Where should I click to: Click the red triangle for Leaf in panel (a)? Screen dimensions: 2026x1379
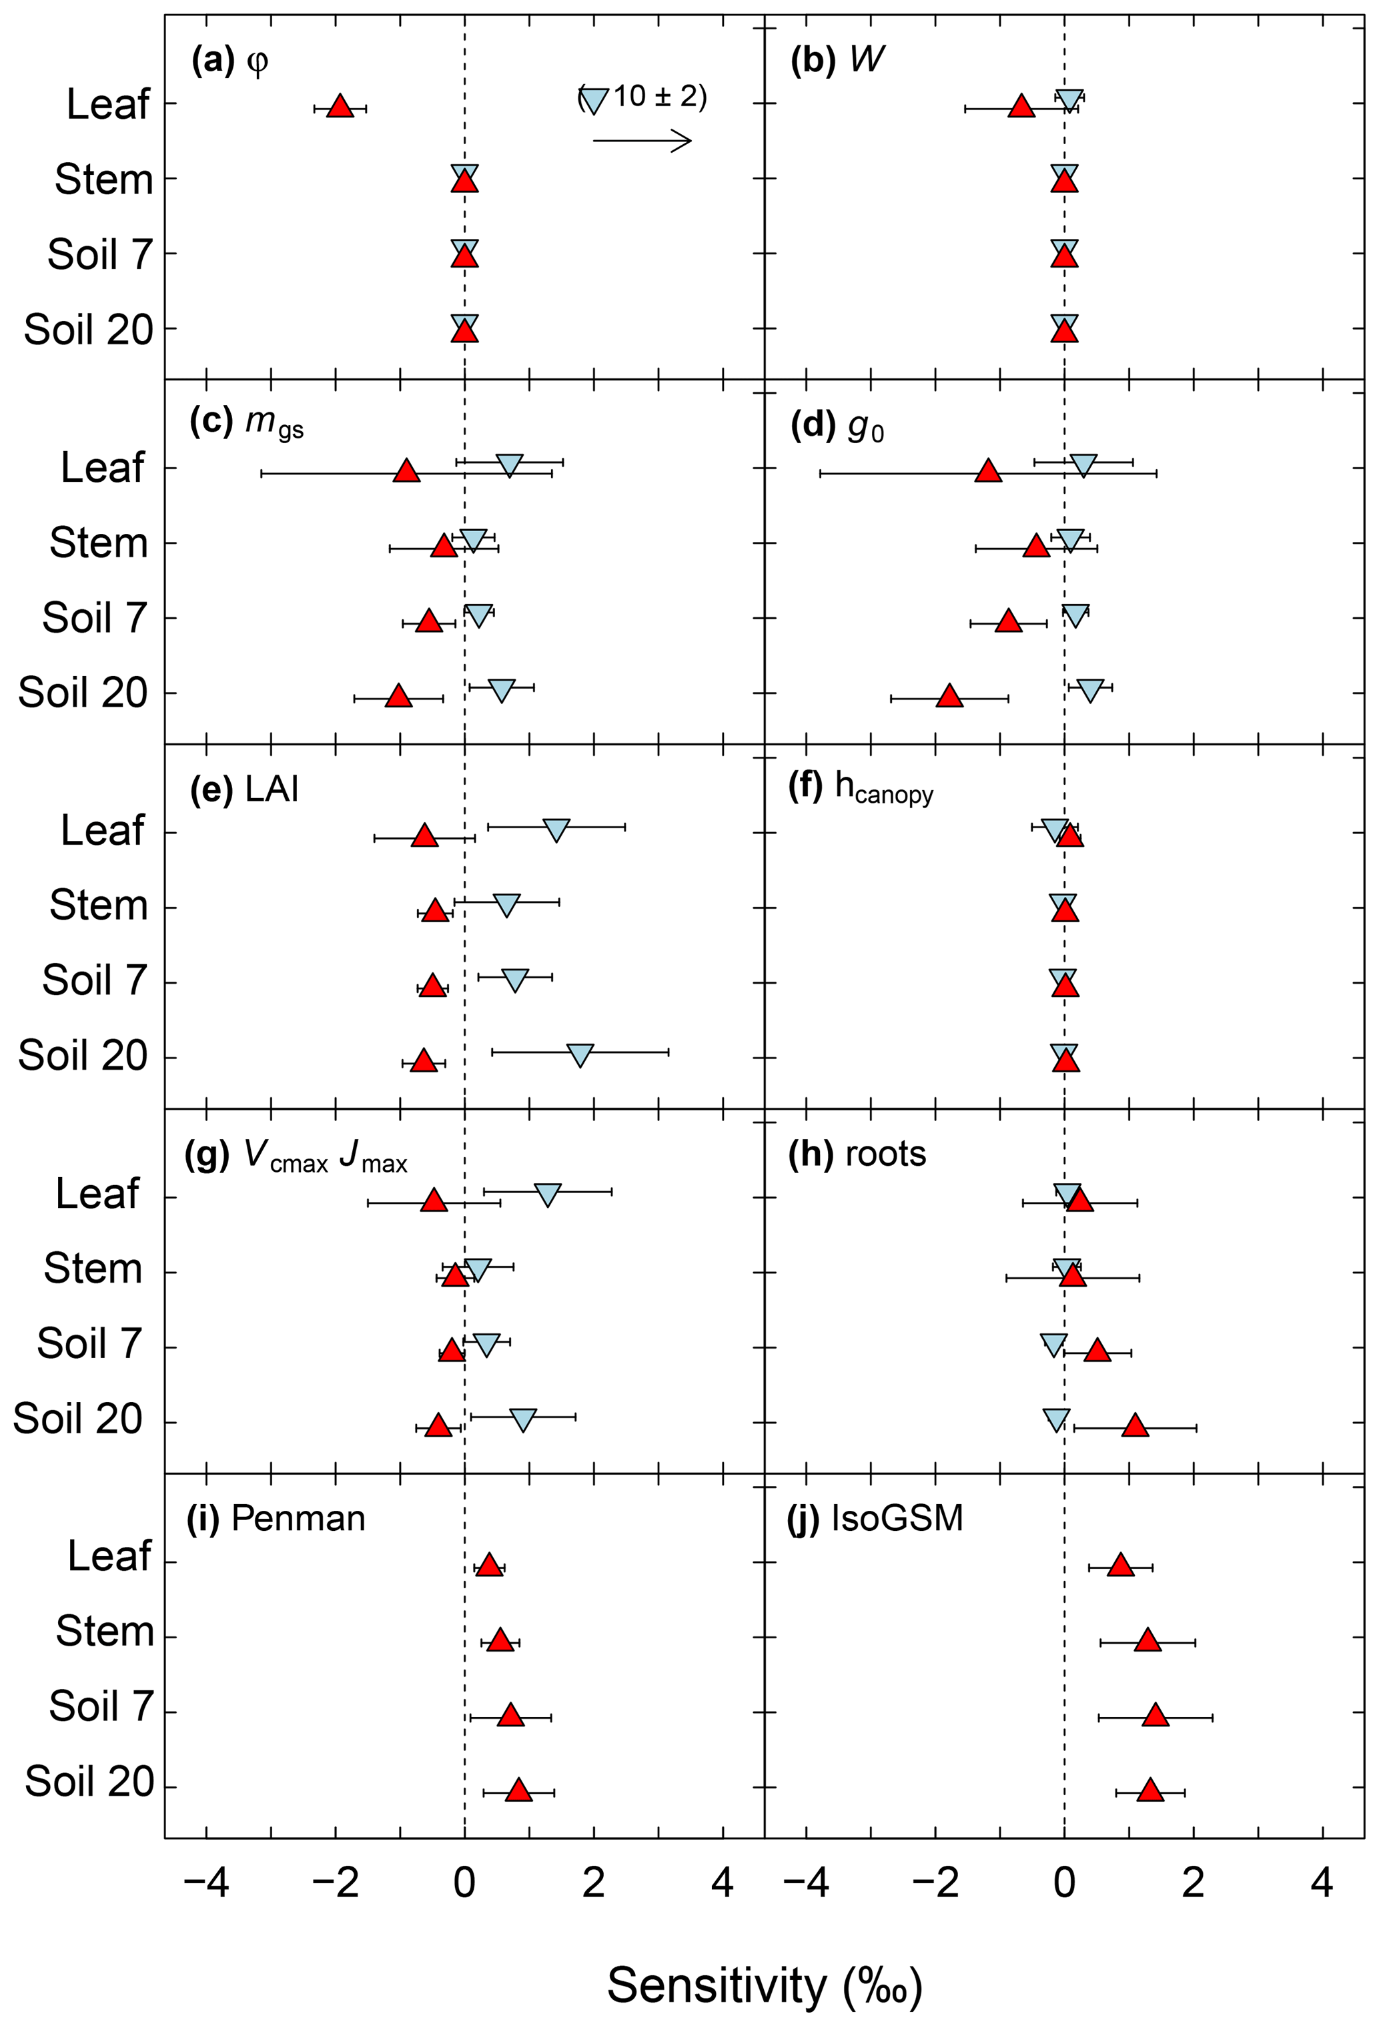pos(340,106)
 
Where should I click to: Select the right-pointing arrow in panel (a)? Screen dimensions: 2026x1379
pos(642,140)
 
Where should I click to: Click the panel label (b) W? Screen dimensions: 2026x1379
pos(836,60)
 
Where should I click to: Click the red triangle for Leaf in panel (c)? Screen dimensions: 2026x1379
pos(406,472)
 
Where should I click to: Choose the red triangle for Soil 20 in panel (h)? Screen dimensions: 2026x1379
pos(1134,1425)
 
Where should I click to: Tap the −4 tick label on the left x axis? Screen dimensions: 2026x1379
pos(207,1884)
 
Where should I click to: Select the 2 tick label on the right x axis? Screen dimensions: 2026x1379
pos(1192,1884)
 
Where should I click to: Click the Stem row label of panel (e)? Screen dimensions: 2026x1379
pos(97,906)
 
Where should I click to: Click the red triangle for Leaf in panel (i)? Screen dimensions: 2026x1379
pos(489,1566)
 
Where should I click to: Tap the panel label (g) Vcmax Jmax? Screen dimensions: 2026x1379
pos(296,1155)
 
